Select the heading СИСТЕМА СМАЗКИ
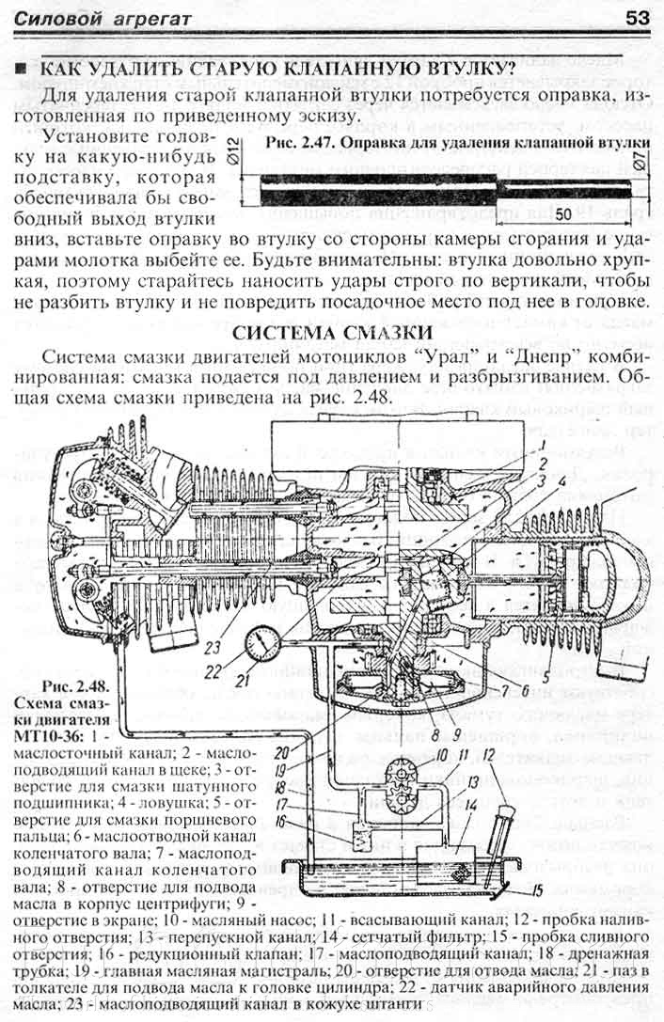pos(333,334)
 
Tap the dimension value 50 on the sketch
pos(563,214)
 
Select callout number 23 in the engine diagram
pos(213,621)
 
